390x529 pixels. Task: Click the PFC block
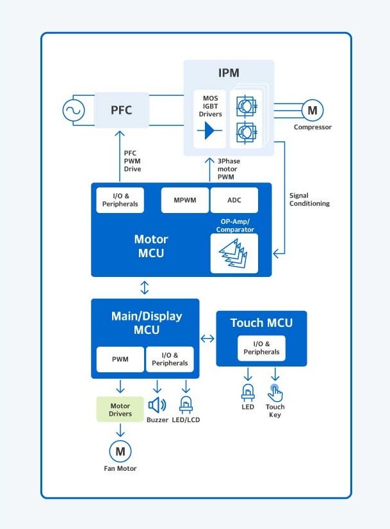[122, 109]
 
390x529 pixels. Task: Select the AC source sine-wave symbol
[74, 110]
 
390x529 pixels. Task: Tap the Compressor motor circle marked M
[312, 111]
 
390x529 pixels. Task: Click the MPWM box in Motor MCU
[185, 200]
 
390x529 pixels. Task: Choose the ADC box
[234, 200]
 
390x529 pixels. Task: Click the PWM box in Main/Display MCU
[120, 359]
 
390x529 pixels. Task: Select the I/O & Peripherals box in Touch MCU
[261, 348]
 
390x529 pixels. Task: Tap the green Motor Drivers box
[120, 409]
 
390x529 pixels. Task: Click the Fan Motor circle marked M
[120, 452]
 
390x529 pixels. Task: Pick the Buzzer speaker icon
[157, 405]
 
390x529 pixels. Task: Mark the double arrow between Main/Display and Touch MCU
[207, 338]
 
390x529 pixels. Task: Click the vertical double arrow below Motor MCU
[145, 287]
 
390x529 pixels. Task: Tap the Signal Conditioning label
[309, 200]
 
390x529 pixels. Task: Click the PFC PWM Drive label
[132, 161]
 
